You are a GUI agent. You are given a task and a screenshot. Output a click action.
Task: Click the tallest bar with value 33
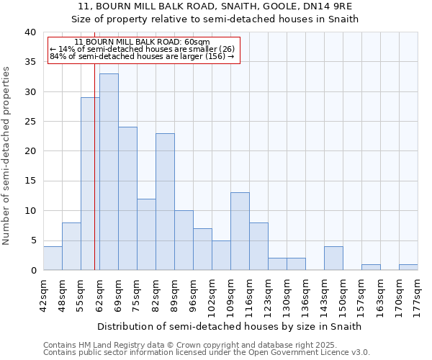(109, 172)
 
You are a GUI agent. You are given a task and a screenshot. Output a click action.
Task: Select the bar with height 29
(90, 184)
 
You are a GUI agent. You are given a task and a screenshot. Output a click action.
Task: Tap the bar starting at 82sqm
(165, 202)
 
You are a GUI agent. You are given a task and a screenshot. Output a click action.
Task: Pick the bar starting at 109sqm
(240, 231)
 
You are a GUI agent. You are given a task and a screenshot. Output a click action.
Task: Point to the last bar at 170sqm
(408, 267)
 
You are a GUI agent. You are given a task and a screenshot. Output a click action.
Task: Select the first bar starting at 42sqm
(53, 258)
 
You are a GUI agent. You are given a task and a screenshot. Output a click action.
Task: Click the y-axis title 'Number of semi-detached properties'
(7, 156)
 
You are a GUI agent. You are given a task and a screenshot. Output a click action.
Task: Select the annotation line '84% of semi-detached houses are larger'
(142, 56)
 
